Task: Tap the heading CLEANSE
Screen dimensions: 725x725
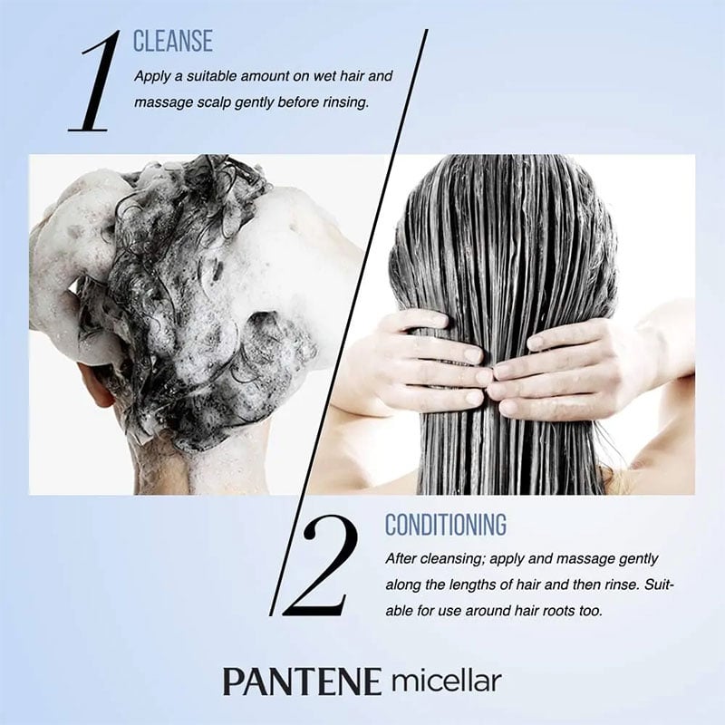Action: [x=173, y=41]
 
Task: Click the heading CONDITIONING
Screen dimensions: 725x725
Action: [x=446, y=525]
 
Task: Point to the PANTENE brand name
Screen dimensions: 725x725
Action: [x=302, y=681]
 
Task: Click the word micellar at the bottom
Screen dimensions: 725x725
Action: [x=446, y=681]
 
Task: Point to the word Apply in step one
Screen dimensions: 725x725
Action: [x=152, y=77]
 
